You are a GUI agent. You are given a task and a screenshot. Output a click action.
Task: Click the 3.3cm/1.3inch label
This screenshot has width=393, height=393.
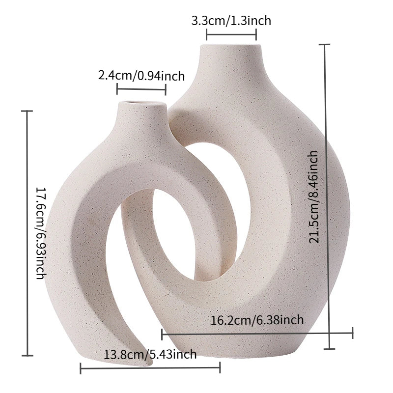(x=231, y=21)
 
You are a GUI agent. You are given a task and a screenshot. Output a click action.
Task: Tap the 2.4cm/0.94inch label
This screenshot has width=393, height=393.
(x=141, y=76)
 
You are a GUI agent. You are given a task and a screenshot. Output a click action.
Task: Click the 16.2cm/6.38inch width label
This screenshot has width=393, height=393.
(x=257, y=320)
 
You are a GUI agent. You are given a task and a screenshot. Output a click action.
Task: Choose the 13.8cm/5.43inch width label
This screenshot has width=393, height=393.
(x=150, y=354)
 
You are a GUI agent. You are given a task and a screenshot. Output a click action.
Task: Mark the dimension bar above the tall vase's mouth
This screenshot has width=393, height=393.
(x=231, y=34)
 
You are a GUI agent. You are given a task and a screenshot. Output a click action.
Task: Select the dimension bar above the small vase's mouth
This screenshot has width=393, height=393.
(x=141, y=89)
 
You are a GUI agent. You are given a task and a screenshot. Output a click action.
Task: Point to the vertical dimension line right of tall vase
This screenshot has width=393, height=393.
(x=327, y=196)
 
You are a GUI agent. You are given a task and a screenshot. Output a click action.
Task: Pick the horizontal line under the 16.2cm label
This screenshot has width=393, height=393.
(x=257, y=334)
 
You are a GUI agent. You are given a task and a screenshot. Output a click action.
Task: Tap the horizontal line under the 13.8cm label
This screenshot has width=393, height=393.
(x=150, y=367)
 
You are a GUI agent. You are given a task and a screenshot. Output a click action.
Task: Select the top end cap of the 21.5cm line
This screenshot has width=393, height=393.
(x=327, y=45)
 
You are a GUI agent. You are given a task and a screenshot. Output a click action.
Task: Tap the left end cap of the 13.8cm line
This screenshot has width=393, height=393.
(x=81, y=367)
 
